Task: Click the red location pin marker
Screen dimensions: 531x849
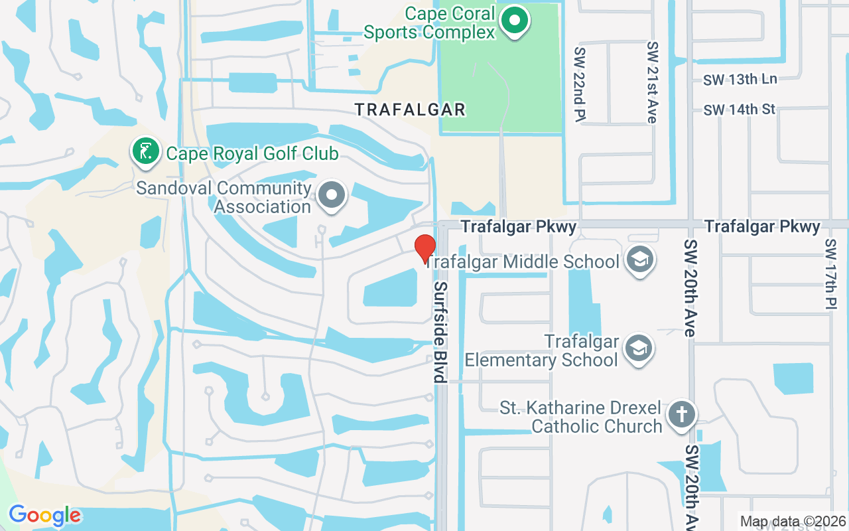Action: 424,248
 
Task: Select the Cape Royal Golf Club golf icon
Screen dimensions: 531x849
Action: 146,151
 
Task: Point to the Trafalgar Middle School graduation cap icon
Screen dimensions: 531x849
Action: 640,260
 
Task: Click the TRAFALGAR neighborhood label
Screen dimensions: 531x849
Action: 410,110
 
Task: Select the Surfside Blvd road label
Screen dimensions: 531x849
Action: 439,331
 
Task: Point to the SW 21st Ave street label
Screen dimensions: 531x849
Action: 653,82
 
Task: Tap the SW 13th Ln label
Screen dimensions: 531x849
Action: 740,80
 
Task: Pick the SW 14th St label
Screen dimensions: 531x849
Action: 740,110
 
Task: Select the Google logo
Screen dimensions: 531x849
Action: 44,515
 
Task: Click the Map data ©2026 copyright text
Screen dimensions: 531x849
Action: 793,522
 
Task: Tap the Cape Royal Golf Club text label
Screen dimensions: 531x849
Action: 252,154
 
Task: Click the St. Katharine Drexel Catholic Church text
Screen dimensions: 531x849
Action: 581,417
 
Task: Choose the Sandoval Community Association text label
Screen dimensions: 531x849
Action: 224,197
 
